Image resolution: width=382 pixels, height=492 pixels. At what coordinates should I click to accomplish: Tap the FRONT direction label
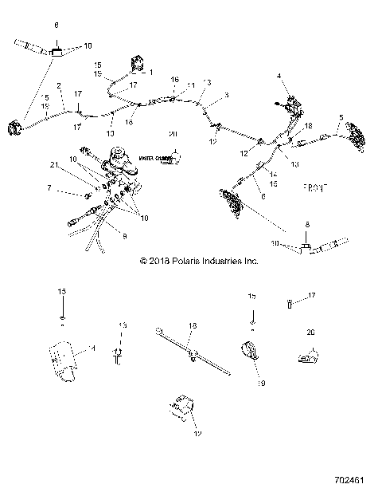(x=318, y=188)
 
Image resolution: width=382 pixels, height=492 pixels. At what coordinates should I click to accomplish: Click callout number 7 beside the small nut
(x=49, y=188)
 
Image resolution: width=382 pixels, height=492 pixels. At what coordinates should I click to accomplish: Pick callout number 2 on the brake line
(x=60, y=85)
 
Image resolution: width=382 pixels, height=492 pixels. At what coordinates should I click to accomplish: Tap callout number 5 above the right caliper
(x=341, y=118)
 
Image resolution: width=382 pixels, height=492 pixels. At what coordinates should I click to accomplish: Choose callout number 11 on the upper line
(x=190, y=85)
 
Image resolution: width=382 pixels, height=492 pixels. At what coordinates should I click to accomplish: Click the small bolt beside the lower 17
(x=288, y=303)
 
